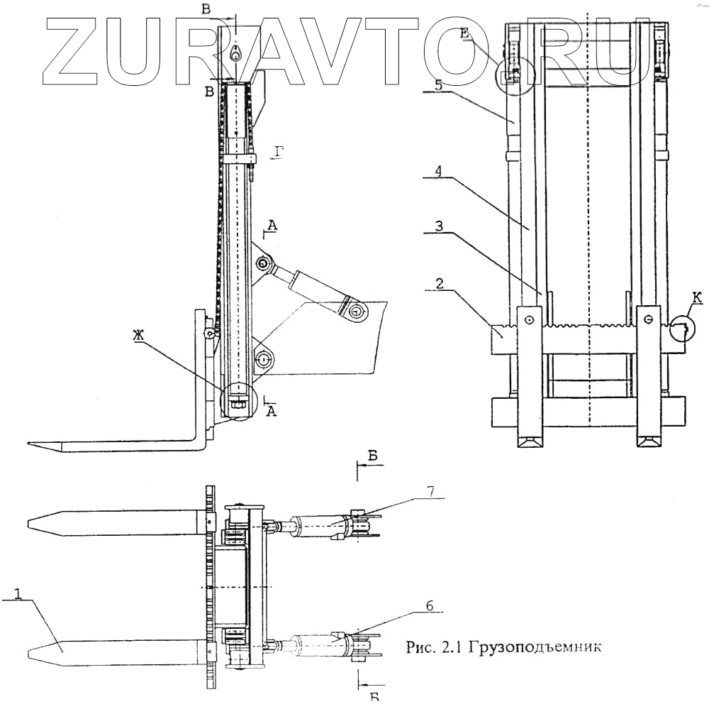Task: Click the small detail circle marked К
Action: click(x=682, y=327)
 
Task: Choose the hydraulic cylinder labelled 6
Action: click(x=319, y=646)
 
